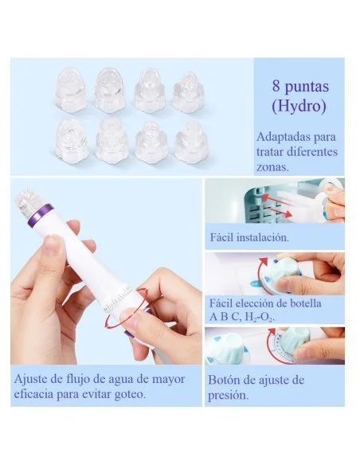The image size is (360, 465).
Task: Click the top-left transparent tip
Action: coord(72,89)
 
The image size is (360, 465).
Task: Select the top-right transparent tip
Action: coord(188,91)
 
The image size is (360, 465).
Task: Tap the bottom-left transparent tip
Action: coord(72,140)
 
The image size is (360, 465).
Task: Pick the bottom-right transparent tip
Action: coord(191,141)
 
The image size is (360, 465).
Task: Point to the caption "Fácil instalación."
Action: coord(248,237)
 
